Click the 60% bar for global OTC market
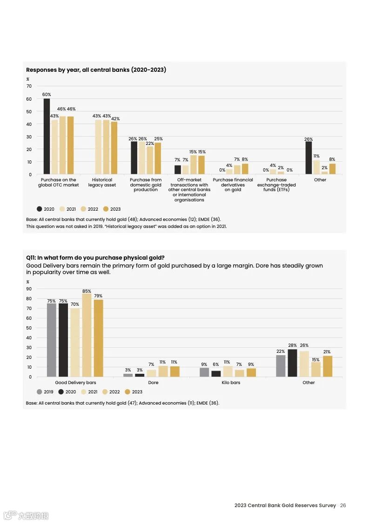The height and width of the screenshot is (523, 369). coord(47,136)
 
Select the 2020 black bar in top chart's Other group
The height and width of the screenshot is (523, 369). coord(309,158)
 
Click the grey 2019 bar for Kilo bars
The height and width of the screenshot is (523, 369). coord(204,372)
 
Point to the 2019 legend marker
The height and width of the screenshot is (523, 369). coord(40,392)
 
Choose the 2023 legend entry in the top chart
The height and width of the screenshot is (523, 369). coord(111,209)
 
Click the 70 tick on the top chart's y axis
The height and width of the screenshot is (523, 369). coord(29,86)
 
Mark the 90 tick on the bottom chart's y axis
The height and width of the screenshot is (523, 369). coord(29,289)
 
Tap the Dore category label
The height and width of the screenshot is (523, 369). coord(153,383)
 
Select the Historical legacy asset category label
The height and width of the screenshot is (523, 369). coord(102,182)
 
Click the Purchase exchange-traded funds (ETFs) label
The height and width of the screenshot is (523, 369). coord(276,185)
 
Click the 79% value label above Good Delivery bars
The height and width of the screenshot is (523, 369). coord(98,296)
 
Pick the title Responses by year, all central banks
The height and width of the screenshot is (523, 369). coord(96,70)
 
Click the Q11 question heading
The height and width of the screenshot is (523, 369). coord(95,258)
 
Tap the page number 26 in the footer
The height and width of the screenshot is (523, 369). coord(343,505)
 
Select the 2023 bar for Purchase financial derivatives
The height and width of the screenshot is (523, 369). coord(245,169)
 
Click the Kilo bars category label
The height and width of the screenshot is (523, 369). coord(231,383)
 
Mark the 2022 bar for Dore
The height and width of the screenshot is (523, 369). coord(162,371)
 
